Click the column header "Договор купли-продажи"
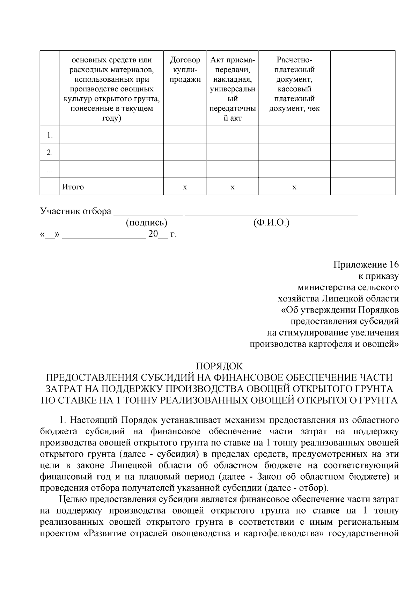click(185, 70)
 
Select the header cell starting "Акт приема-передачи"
click(233, 89)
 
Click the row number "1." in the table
click(50, 135)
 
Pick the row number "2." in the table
click(50, 152)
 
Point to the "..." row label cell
click(50, 170)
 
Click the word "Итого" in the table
click(73, 187)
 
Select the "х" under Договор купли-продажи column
click(185, 187)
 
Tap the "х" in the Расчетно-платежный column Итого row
click(294, 187)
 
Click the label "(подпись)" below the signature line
click(147, 223)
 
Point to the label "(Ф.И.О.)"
click(271, 223)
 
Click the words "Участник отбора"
click(76, 211)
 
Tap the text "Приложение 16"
click(366, 264)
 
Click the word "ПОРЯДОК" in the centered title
click(219, 366)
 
